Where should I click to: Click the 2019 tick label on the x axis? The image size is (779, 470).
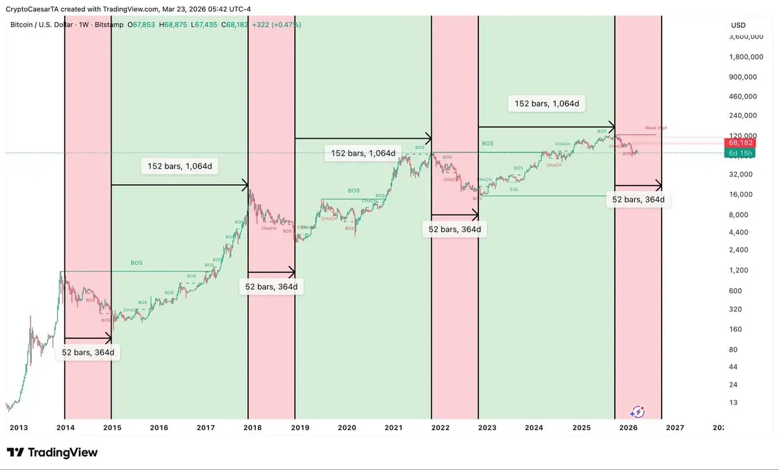(x=299, y=428)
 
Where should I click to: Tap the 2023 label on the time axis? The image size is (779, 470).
(x=487, y=428)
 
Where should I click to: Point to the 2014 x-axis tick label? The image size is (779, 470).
(x=65, y=428)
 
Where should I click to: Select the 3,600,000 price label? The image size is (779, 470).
(x=744, y=37)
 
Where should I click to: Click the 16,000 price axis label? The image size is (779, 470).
(x=739, y=194)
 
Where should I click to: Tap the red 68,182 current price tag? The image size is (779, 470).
(x=740, y=143)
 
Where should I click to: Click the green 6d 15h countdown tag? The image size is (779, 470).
(x=740, y=153)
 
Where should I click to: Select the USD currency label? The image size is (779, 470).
(x=738, y=25)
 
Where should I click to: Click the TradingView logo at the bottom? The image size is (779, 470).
(x=52, y=452)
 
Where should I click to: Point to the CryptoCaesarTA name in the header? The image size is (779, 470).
(x=31, y=8)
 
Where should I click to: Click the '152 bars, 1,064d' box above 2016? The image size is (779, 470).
(x=179, y=167)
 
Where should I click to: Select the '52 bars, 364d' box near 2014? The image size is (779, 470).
(x=88, y=352)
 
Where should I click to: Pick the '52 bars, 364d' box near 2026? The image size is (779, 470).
(x=638, y=200)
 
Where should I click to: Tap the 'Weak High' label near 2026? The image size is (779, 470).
(x=656, y=128)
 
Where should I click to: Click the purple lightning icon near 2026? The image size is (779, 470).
(x=637, y=411)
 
